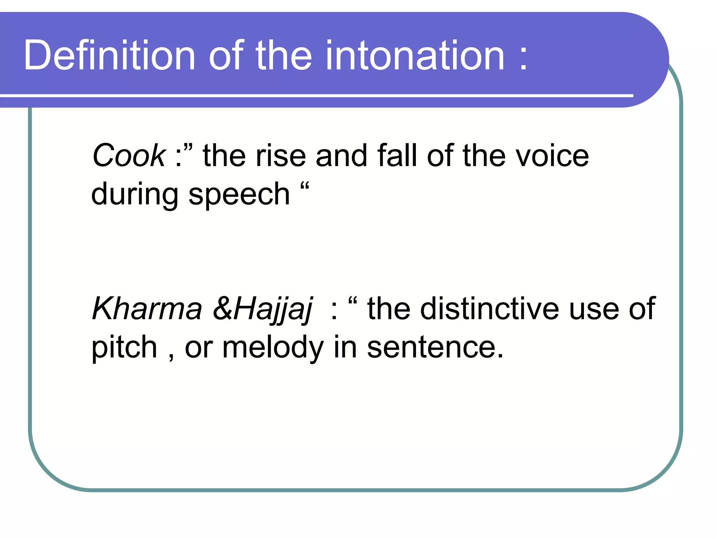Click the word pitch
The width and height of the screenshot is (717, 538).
pyautogui.click(x=124, y=347)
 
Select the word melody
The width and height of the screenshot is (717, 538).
pyautogui.click(x=273, y=347)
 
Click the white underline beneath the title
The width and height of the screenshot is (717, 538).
pyautogui.click(x=315, y=95)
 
